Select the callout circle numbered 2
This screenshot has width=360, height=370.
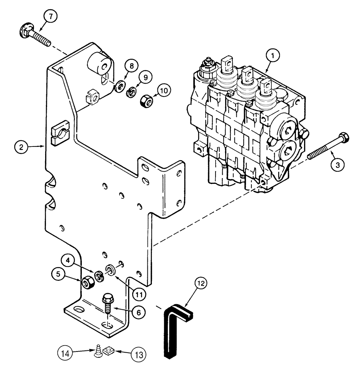pos(22,147)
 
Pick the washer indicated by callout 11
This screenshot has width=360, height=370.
pos(111,269)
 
